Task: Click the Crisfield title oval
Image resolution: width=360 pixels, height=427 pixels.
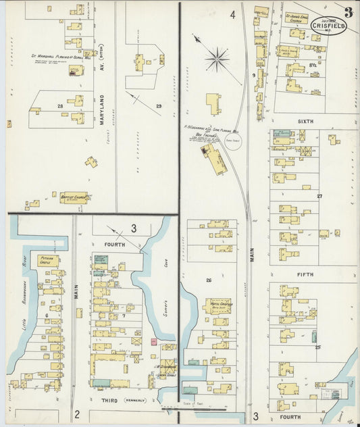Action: tap(329, 25)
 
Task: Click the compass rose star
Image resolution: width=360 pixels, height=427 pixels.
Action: tap(217, 59)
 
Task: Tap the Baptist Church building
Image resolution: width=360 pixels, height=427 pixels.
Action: tap(74, 198)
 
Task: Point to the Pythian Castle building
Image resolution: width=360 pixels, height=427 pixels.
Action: tap(47, 260)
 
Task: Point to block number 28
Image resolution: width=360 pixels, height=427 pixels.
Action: tap(60, 106)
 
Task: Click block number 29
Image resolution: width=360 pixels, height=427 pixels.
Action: tap(159, 106)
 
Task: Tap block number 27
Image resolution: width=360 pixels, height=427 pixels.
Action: tap(320, 196)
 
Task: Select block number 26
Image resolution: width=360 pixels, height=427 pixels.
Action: tap(209, 280)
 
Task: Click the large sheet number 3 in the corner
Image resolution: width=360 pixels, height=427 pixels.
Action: tap(347, 11)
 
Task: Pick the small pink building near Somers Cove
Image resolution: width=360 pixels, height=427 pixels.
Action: tap(153, 343)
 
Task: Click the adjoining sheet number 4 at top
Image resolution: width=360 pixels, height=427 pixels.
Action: tap(232, 14)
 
